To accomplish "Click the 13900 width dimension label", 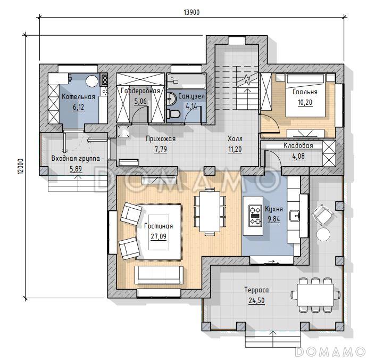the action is (191, 12).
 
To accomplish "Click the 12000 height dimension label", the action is (21, 166).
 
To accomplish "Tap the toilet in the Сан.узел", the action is (173, 114).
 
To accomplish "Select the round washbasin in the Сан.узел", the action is (171, 98).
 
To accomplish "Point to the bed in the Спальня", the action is (305, 95).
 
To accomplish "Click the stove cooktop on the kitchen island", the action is (255, 216).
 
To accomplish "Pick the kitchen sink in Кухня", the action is (294, 216).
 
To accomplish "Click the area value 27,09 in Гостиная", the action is (159, 237).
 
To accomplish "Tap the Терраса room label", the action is (256, 290).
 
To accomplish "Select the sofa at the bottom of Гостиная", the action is (159, 275).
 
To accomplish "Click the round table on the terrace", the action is (323, 234).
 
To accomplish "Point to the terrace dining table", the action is (315, 294).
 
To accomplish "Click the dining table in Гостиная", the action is (210, 211).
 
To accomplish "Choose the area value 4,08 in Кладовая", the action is (298, 157).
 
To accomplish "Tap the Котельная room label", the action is (78, 97).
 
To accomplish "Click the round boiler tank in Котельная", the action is (92, 81).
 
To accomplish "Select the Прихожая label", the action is (161, 139).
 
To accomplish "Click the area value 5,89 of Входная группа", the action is (76, 169).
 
